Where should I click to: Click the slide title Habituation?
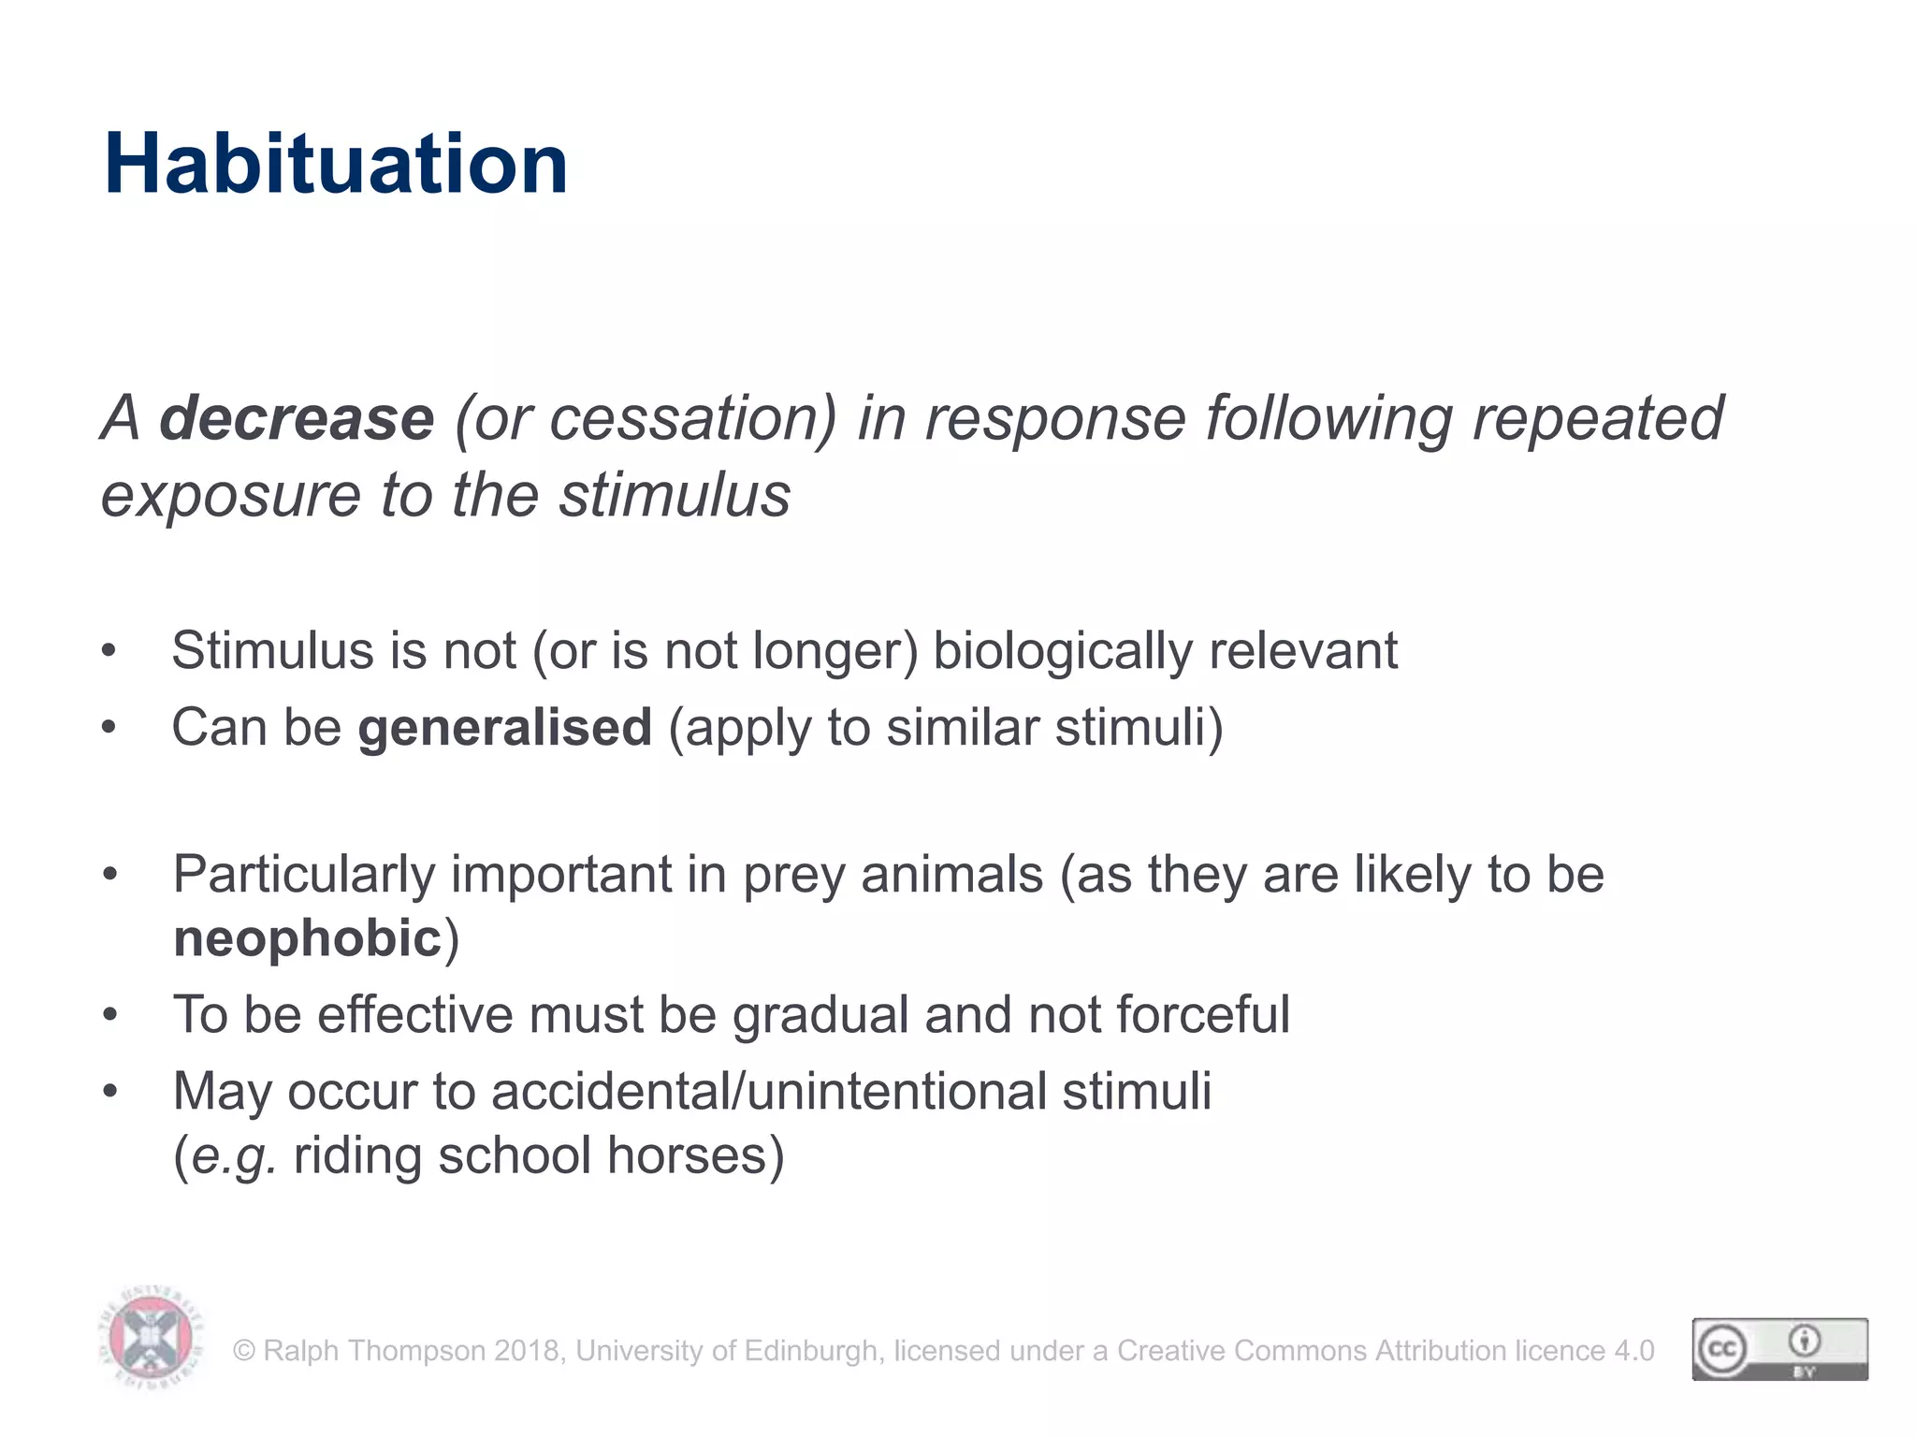tap(336, 164)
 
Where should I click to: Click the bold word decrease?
tap(297, 418)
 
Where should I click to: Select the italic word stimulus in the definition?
tap(675, 495)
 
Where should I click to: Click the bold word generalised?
tap(504, 728)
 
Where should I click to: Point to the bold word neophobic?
tap(307, 938)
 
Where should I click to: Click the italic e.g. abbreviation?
tap(233, 1156)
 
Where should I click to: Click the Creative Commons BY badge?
tap(1779, 1349)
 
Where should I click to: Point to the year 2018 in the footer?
tap(528, 1351)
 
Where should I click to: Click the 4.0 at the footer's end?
tap(1633, 1351)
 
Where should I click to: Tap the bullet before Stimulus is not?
tap(109, 651)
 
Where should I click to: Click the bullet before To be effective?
tap(110, 1015)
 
